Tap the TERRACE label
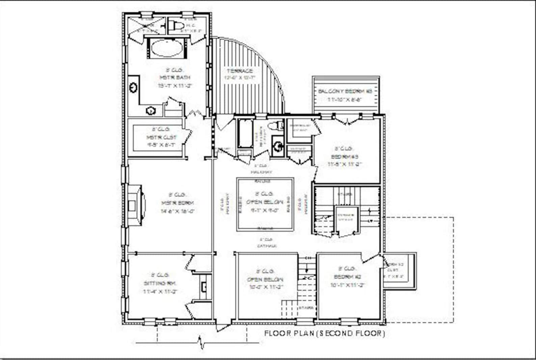pos(240,71)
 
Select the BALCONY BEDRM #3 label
pos(345,92)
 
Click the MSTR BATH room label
pos(175,78)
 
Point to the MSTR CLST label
pos(161,137)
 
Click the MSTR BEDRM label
pos(178,203)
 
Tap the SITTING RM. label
pos(160,283)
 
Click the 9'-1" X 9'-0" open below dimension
pos(264,210)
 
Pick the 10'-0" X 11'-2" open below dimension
pos(265,287)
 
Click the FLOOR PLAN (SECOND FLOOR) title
pos(324,334)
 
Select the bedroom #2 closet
pos(399,270)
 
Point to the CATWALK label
pos(267,246)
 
